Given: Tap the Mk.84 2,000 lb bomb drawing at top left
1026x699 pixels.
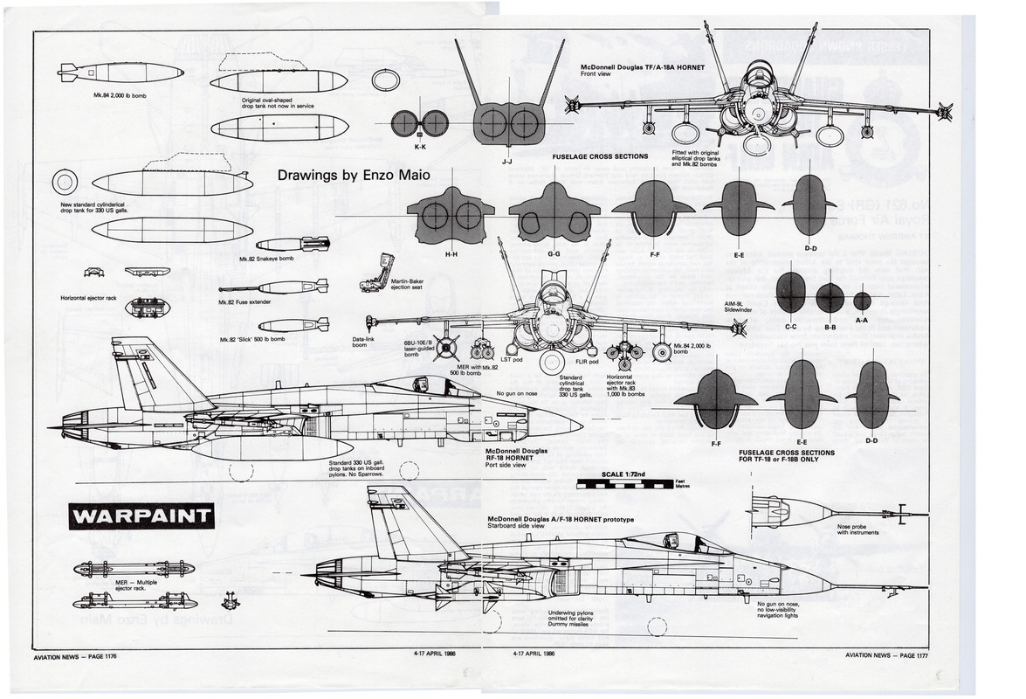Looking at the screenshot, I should [121, 73].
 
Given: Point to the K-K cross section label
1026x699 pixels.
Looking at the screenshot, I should [419, 148].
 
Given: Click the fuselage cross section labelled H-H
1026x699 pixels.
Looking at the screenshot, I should [451, 216].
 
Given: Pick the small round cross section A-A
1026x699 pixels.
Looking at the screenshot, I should [862, 301].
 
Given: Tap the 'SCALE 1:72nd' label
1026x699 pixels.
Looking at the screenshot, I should [623, 474].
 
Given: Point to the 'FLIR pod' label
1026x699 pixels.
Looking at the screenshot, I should [587, 361].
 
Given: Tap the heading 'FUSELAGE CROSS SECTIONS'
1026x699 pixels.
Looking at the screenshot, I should [601, 156].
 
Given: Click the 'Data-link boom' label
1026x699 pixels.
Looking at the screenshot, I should [364, 343].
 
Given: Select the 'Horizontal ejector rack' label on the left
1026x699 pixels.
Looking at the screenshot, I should [88, 298].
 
